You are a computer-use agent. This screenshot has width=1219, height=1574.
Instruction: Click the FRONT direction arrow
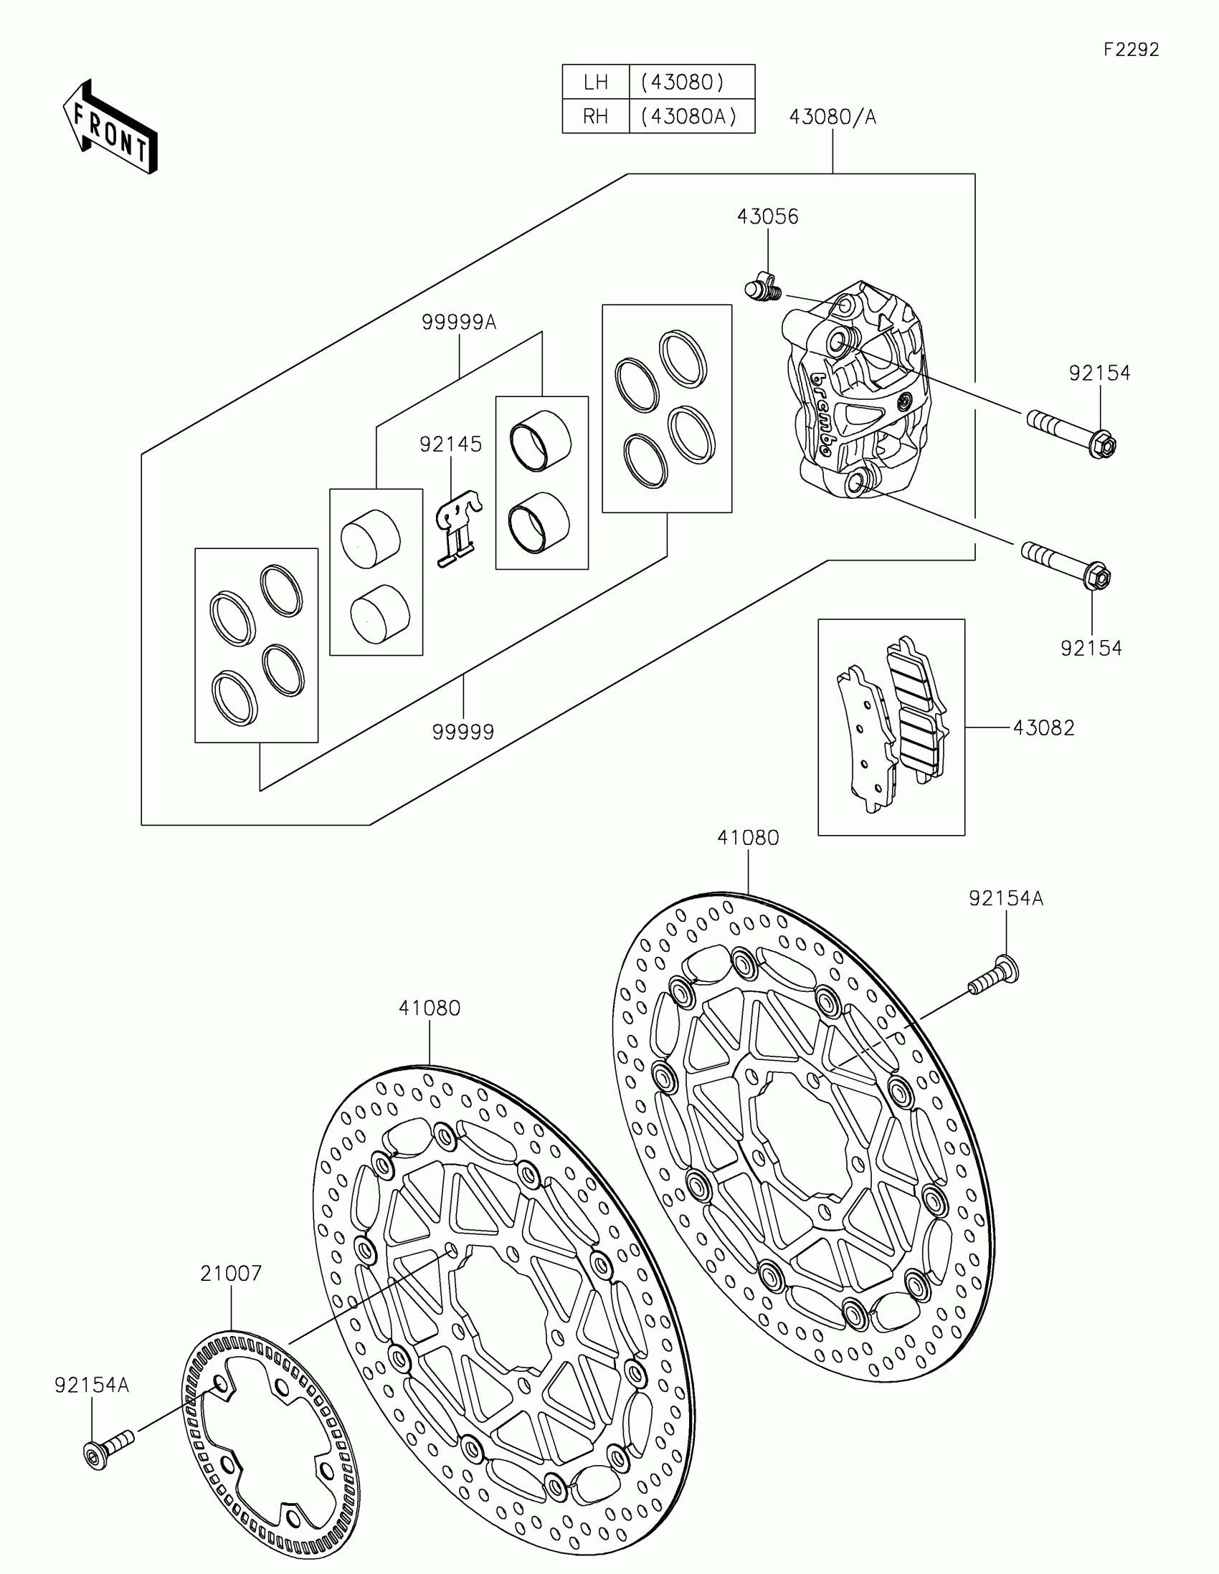point(110,127)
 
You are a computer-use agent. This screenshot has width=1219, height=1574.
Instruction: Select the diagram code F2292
point(1131,49)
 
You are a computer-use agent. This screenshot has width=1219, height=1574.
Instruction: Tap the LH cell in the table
point(595,82)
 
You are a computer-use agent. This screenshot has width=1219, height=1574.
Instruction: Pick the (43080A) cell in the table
point(690,116)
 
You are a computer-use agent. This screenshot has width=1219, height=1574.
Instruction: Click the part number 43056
point(768,217)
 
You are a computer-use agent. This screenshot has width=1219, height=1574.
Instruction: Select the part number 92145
point(450,444)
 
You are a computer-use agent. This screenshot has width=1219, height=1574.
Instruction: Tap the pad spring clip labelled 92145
point(458,524)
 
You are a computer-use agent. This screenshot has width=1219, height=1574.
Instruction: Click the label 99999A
point(459,322)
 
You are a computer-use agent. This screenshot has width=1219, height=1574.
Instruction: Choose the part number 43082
point(1044,728)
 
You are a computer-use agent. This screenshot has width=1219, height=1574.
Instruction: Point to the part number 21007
point(231,1274)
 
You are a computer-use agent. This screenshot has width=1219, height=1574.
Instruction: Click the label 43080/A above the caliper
point(833,117)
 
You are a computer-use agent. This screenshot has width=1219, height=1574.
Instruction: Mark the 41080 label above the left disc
point(430,1008)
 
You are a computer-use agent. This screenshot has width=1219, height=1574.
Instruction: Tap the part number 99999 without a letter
point(463,733)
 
